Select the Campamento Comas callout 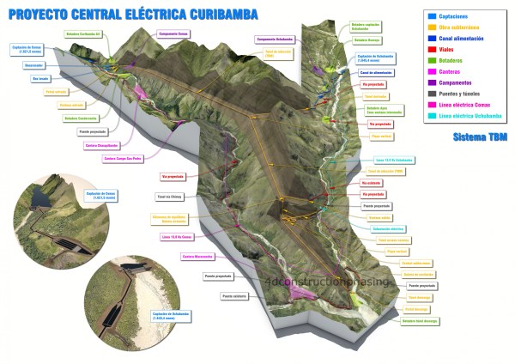coord(174,33)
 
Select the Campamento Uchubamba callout coord(275,39)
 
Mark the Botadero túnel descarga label coord(418,318)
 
